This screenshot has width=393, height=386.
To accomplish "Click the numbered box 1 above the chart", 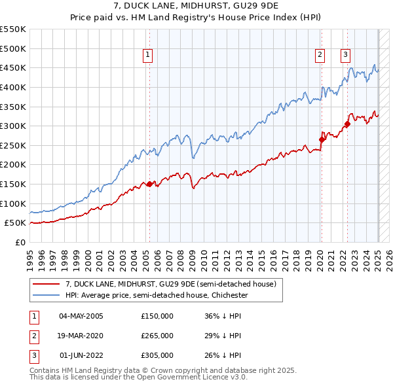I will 149,56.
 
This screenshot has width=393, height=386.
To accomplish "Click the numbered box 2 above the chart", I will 320,56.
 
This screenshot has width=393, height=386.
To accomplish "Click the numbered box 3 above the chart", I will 345,56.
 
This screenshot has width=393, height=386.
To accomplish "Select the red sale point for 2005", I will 149,184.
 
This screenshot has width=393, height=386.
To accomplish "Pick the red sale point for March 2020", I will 322,139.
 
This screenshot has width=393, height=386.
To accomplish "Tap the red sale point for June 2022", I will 347,124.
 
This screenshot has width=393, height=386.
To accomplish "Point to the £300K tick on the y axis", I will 13,126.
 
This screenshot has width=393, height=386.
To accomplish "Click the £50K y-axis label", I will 16,223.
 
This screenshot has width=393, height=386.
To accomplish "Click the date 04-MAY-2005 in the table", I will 81,316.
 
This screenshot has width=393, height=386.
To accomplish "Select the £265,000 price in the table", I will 157,336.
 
